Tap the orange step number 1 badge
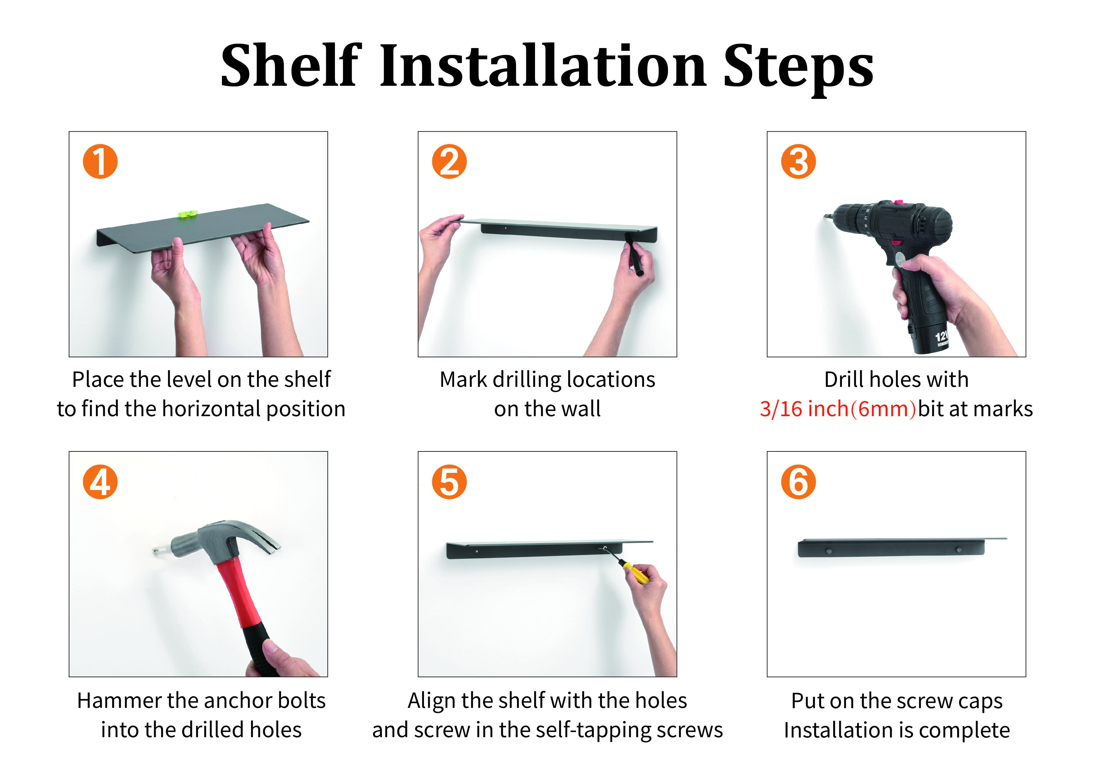100,162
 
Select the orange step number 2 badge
449,162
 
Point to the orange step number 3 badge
798,162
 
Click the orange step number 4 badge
100,482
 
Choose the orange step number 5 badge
449,482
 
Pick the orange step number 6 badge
798,482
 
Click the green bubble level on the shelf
187,215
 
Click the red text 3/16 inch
804,409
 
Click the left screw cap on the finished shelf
829,552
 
